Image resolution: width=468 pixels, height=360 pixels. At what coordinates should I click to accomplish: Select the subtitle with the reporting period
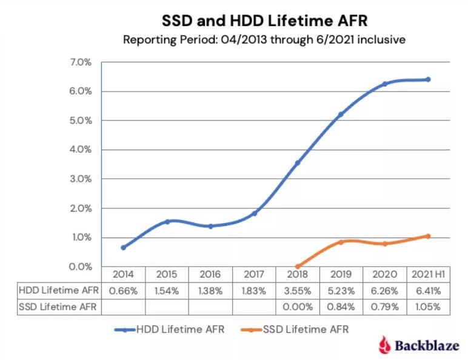click(x=264, y=40)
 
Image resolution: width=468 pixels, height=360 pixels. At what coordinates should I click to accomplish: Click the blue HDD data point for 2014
click(x=124, y=247)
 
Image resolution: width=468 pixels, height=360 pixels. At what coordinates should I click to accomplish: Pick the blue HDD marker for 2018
click(x=297, y=163)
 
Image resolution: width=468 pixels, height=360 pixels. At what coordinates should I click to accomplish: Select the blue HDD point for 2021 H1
click(x=428, y=79)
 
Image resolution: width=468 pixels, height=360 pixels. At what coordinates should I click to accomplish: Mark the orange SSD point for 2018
click(x=297, y=266)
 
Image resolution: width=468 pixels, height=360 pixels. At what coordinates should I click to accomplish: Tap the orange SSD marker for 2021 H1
click(x=428, y=236)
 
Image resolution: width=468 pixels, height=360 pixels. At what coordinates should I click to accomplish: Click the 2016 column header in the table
click(x=210, y=274)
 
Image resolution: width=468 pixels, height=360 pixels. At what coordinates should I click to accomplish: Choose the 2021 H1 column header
click(x=428, y=274)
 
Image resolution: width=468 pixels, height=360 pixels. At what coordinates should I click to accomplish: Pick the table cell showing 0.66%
click(x=124, y=290)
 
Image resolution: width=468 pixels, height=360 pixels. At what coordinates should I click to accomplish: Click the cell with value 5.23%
click(x=341, y=290)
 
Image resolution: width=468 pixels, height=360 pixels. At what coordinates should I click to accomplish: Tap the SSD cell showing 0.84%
click(x=341, y=306)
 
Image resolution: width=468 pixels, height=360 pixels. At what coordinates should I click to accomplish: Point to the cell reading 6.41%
click(x=428, y=290)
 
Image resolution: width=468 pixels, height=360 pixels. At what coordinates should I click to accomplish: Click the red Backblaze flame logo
click(x=383, y=345)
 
